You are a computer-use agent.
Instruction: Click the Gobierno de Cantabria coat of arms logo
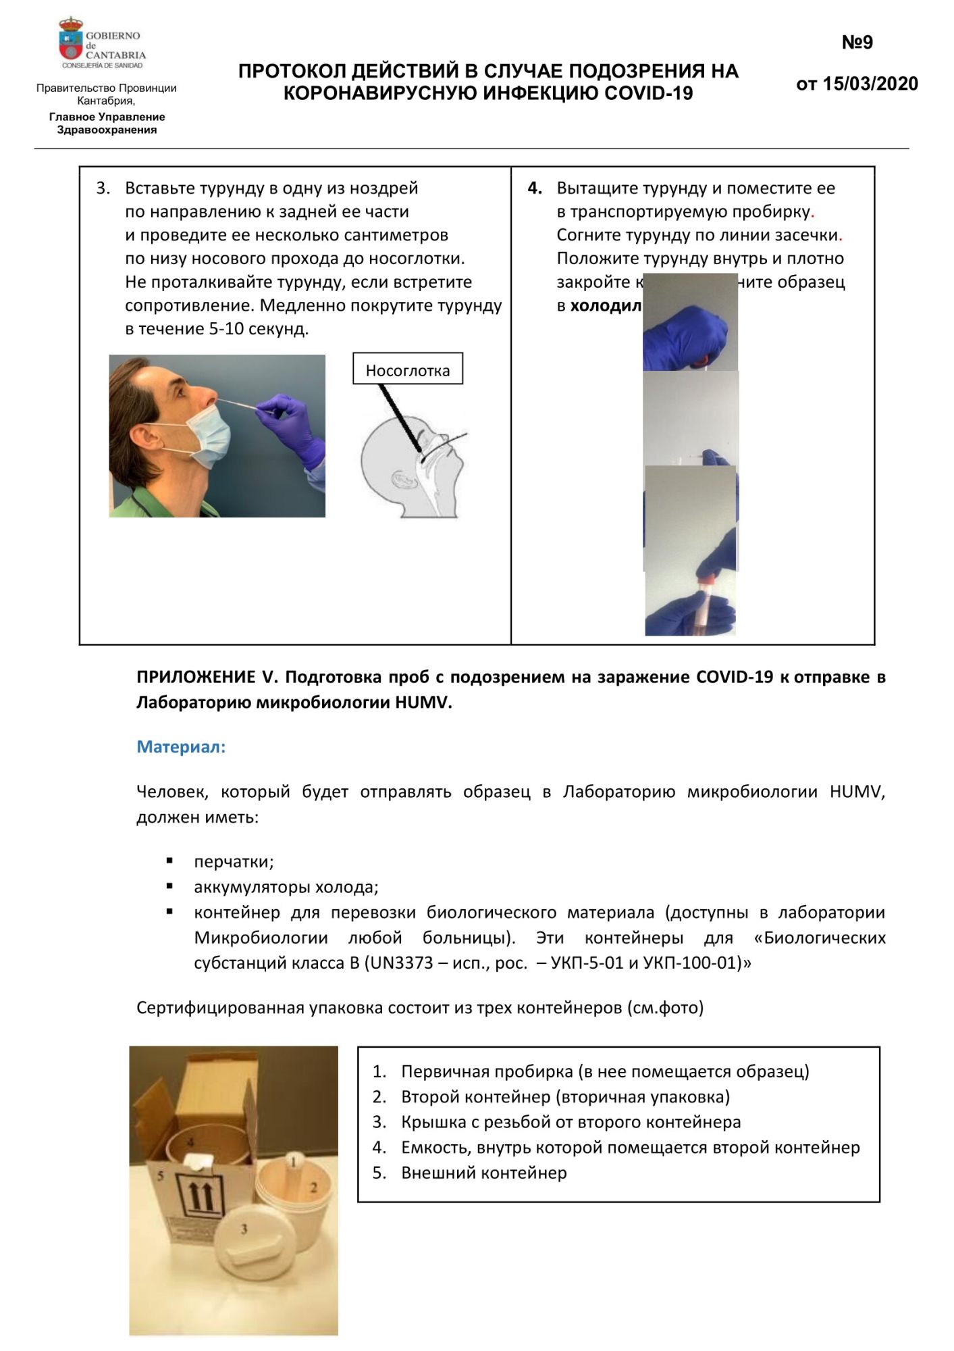[x=70, y=41]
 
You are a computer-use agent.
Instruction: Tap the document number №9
[x=857, y=43]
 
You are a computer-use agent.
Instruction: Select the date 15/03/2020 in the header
[x=870, y=84]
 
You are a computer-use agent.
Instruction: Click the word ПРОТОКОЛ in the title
[x=292, y=72]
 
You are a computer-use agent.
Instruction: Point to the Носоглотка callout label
[x=407, y=370]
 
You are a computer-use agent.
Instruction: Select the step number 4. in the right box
[x=535, y=188]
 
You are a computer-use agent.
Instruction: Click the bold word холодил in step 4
[x=606, y=305]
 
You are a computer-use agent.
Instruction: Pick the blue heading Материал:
[x=181, y=746]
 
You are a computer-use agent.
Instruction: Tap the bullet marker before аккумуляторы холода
[x=169, y=886]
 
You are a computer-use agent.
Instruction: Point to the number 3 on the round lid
[x=244, y=1229]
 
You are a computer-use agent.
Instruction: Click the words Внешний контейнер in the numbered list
[x=483, y=1173]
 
